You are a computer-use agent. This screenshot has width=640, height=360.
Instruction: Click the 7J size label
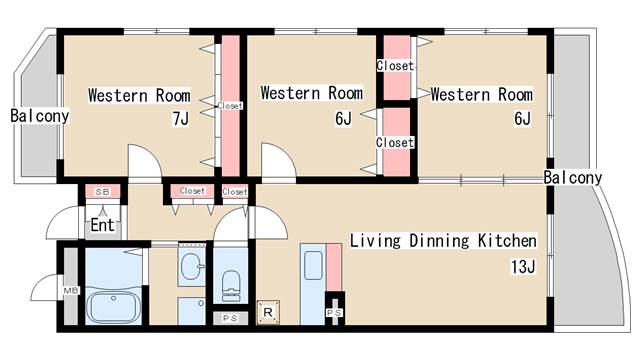tap(181, 119)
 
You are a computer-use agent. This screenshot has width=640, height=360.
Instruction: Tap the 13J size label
tap(523, 267)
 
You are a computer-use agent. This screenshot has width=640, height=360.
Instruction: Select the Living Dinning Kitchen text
tap(443, 240)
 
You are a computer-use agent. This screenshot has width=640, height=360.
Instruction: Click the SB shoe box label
tap(102, 191)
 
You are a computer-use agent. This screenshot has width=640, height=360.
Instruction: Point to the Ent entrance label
tap(102, 225)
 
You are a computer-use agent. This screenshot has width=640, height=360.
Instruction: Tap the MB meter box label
tap(70, 291)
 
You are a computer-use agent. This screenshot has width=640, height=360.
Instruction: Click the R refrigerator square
tap(268, 313)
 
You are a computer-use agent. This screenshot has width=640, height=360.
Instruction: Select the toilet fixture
tap(231, 286)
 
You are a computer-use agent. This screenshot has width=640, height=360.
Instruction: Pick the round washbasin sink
tap(192, 266)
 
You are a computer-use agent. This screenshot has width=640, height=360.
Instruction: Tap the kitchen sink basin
tap(313, 265)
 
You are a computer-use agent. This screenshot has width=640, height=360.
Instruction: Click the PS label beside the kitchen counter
tap(334, 313)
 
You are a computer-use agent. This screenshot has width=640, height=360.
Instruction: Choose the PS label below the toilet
tap(230, 318)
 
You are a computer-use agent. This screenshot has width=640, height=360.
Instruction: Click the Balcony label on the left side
tap(40, 116)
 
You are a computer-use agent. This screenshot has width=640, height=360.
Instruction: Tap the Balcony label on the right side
tap(573, 178)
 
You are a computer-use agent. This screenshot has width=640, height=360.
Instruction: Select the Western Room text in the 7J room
tap(139, 96)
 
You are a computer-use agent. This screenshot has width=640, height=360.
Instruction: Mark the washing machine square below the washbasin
tap(192, 311)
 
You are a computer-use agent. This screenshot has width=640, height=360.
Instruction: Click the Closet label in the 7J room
tap(230, 106)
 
